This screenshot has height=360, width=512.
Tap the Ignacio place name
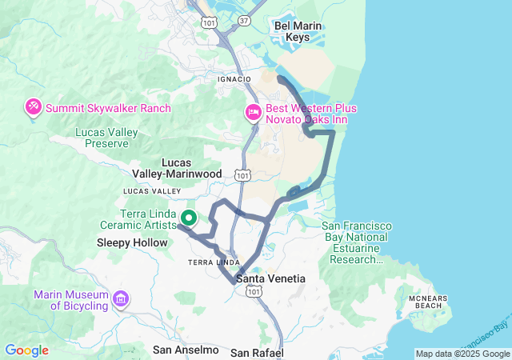coord(234,80)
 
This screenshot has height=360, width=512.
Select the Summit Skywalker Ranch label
coord(108,108)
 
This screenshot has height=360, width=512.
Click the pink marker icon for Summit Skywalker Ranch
coord(33,106)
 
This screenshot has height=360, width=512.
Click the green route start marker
coord(190,217)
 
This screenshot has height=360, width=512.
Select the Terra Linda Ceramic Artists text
coord(148,219)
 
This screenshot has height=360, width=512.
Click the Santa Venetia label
coord(270,278)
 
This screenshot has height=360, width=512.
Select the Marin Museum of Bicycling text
coord(70,300)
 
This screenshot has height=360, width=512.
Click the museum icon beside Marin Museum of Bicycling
coord(121,300)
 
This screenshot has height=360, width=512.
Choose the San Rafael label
coord(257,352)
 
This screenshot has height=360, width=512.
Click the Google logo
coord(26,350)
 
